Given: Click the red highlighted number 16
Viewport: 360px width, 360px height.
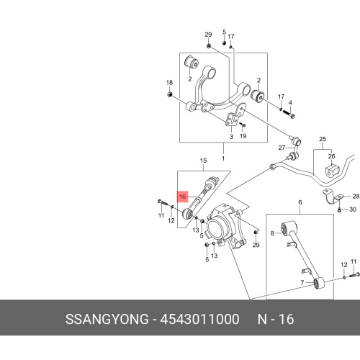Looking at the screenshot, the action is click(182, 197).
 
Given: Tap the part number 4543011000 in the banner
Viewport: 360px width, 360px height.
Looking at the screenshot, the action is click(199, 319).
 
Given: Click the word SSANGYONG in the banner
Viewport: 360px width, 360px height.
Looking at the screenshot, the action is click(107, 319).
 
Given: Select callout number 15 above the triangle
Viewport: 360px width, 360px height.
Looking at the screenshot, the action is click(203, 161).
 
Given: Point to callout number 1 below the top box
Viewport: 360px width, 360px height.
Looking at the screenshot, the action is click(223, 158).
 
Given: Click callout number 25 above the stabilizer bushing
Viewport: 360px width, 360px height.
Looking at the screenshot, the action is click(323, 139).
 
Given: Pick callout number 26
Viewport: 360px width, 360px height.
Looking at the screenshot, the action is click(331, 156).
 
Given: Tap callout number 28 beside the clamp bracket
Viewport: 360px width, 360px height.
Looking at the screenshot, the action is click(356, 197).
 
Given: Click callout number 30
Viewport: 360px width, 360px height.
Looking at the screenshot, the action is click(352, 210).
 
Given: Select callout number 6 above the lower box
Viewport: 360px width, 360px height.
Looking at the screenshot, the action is click(300, 202).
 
